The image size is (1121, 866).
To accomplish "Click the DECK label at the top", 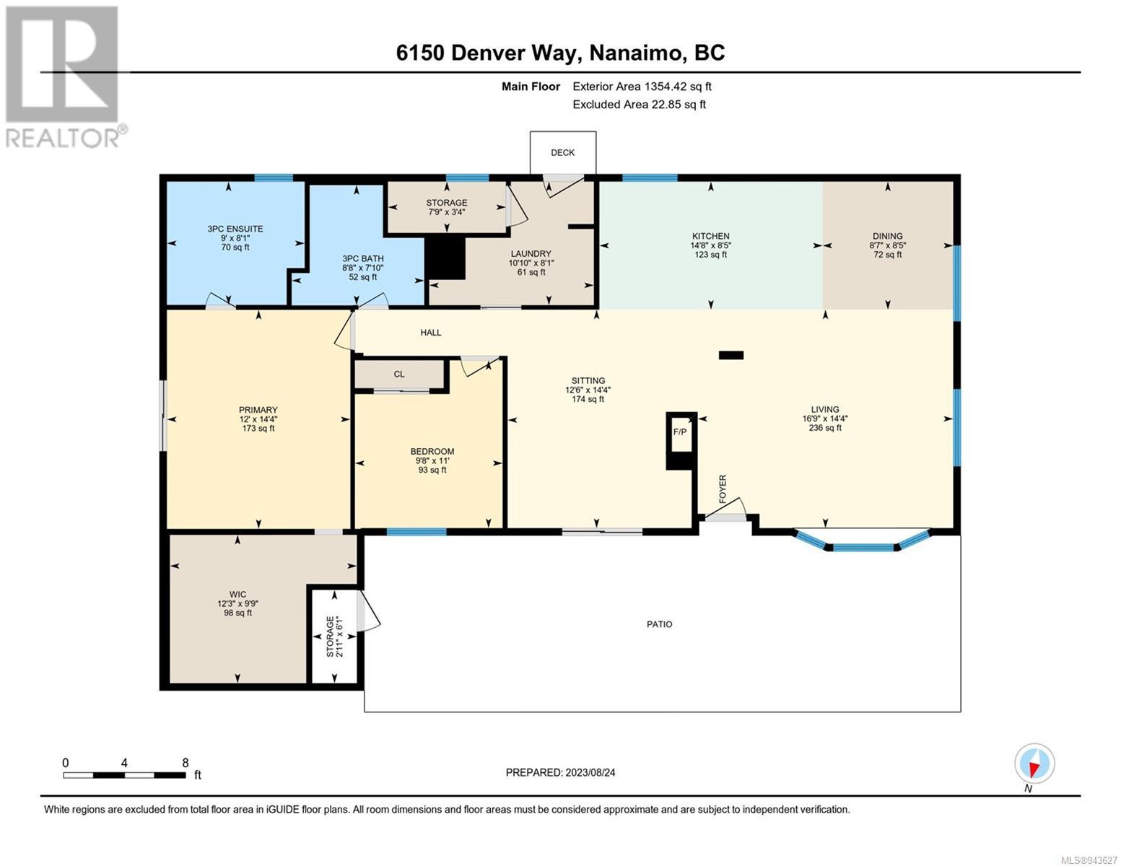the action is (562, 153).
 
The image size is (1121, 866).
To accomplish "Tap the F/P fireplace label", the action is (680, 432).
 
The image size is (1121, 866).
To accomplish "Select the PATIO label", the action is (659, 624).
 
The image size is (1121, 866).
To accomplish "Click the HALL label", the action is (431, 333).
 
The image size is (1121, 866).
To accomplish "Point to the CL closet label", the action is (398, 374).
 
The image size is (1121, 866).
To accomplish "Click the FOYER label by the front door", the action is (723, 489).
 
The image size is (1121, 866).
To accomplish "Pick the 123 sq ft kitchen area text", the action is (711, 255).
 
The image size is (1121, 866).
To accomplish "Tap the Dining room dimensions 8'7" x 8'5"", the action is (887, 245).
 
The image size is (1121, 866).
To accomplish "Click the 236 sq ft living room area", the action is (825, 427).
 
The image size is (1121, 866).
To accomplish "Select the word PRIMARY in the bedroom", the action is (258, 410).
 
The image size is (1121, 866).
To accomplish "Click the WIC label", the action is (237, 595).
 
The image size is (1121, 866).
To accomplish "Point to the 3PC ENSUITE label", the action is (235, 229).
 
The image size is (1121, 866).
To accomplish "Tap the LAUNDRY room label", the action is (531, 254).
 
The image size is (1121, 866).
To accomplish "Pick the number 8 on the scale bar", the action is (186, 763).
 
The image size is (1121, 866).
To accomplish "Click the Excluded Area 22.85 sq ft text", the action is (639, 105).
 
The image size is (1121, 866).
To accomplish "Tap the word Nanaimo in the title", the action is (633, 53).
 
